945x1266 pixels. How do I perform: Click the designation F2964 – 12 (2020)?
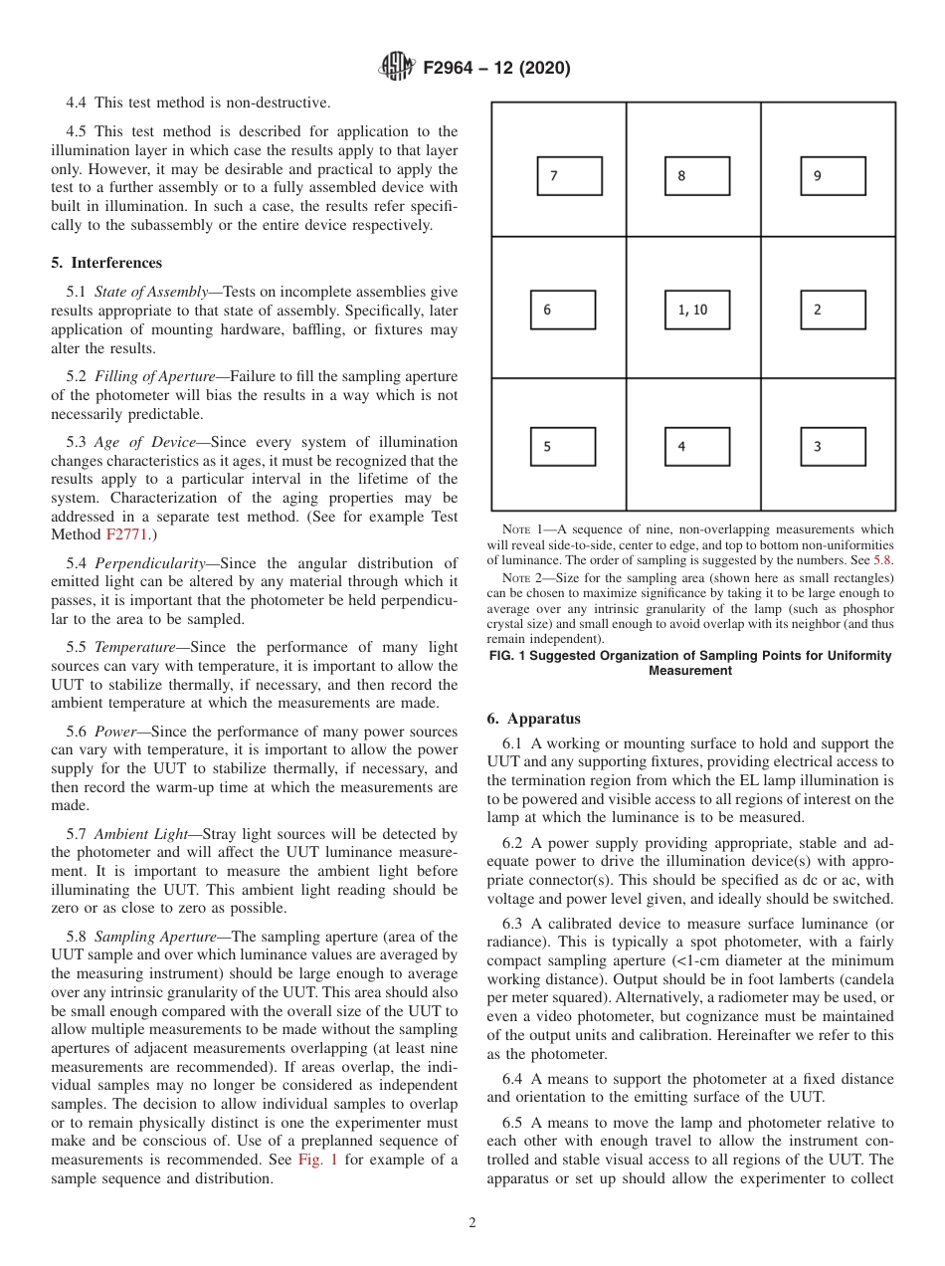pyautogui.click(x=496, y=69)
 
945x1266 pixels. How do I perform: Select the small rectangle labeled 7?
pyautogui.click(x=569, y=176)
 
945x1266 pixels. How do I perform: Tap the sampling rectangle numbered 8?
pyautogui.click(x=696, y=176)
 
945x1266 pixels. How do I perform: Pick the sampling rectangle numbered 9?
pyautogui.click(x=833, y=176)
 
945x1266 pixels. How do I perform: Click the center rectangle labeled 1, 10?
pyautogui.click(x=696, y=310)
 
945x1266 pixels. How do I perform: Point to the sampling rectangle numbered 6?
pyautogui.click(x=563, y=310)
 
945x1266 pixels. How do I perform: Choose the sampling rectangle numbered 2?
pyautogui.click(x=833, y=310)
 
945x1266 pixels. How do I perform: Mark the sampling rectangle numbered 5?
pyautogui.click(x=563, y=447)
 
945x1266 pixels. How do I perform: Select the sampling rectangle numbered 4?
pyautogui.click(x=696, y=447)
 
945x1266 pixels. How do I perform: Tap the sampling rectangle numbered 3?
pyautogui.click(x=833, y=447)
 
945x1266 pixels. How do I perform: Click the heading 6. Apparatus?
pyautogui.click(x=534, y=719)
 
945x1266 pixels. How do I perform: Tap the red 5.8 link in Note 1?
pyautogui.click(x=882, y=559)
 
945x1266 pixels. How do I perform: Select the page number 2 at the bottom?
pyautogui.click(x=472, y=1223)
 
